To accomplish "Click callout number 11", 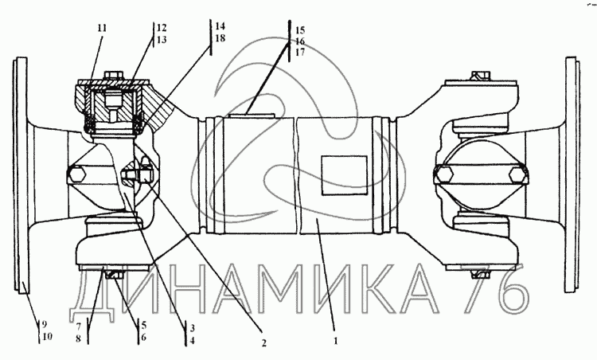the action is point(102,28).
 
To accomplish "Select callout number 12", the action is point(162,28).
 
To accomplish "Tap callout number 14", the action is point(220,26).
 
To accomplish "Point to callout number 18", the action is point(220,38).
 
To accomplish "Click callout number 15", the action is point(300,30).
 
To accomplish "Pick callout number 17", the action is point(300,53).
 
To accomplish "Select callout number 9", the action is point(44,325).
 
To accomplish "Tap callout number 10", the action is point(47,337).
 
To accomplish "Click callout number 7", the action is point(79,327).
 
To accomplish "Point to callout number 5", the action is point(143,325).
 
